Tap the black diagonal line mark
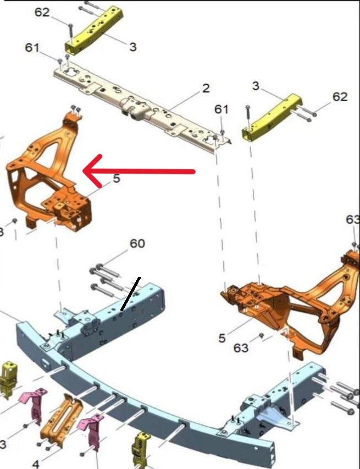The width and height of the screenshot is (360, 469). click(x=130, y=294)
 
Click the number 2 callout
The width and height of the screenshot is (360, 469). click(x=206, y=89)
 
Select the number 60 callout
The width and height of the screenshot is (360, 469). click(x=137, y=244)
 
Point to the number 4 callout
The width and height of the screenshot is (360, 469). click(x=36, y=464)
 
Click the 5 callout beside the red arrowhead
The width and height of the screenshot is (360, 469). click(x=117, y=179)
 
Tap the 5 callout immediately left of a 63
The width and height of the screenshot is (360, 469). click(x=221, y=338)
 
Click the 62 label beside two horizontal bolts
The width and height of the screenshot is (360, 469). click(x=340, y=97)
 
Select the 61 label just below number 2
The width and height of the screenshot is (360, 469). click(x=221, y=109)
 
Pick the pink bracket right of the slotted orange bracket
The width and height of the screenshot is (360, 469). click(x=92, y=431)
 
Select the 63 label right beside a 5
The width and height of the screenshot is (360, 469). click(x=241, y=348)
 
